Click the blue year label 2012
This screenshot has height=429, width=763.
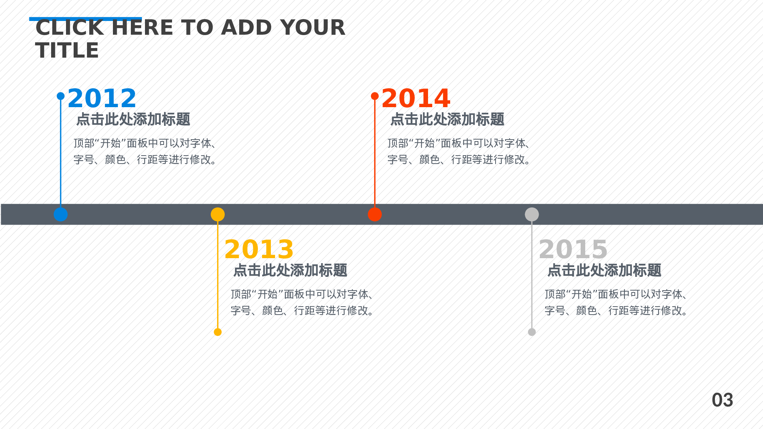pyautogui.click(x=102, y=98)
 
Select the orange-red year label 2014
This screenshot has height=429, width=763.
pyautogui.click(x=416, y=98)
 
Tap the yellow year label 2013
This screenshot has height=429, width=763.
pyautogui.click(x=259, y=249)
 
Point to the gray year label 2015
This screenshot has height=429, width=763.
pyautogui.click(x=573, y=249)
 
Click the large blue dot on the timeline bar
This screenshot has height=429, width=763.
pyautogui.click(x=61, y=214)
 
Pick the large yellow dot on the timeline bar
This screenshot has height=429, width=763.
pyautogui.click(x=218, y=214)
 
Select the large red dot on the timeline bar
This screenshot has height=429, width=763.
pyautogui.click(x=375, y=214)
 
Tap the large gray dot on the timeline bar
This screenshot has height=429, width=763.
pyautogui.click(x=532, y=214)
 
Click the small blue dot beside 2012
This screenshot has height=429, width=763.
pyautogui.click(x=61, y=96)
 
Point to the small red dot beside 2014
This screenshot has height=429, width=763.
pyautogui.click(x=375, y=96)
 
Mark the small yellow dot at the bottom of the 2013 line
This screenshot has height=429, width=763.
pyautogui.click(x=218, y=332)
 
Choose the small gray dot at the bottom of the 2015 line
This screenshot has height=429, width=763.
pyautogui.click(x=532, y=332)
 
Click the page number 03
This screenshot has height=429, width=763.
pyautogui.click(x=722, y=400)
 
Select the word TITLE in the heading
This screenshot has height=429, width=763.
pyautogui.click(x=67, y=50)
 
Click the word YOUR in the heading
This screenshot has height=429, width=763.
pyautogui.click(x=312, y=27)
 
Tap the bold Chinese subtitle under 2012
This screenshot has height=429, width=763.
pyautogui.click(x=133, y=119)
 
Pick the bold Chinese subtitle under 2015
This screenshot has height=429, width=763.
pyautogui.click(x=604, y=270)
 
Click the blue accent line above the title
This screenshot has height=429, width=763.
pyautogui.click(x=85, y=19)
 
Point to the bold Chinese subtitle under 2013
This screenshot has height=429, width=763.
pyautogui.click(x=290, y=270)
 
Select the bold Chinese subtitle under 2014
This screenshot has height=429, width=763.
pyautogui.click(x=447, y=119)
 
